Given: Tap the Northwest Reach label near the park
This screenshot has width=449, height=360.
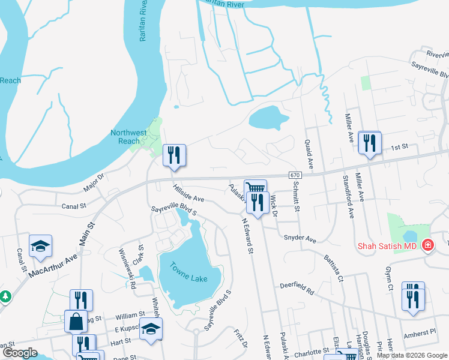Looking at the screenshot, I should pyautogui.click(x=128, y=137).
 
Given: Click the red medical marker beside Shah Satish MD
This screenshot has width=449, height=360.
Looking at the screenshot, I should pyautogui.click(x=427, y=245).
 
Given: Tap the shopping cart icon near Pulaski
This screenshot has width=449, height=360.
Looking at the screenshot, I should pyautogui.click(x=255, y=188).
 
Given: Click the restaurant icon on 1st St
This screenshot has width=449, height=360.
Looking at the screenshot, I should pyautogui.click(x=369, y=143).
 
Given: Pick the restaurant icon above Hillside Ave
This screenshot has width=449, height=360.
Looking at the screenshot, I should pyautogui.click(x=174, y=155).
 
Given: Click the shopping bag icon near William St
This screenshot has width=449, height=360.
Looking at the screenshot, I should pyautogui.click(x=76, y=321).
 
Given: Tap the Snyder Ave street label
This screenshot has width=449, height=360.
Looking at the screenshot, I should pyautogui.click(x=300, y=239).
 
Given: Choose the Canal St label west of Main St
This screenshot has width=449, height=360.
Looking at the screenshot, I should pyautogui.click(x=74, y=206).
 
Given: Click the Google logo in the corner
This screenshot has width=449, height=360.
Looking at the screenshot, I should pyautogui.click(x=20, y=353).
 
